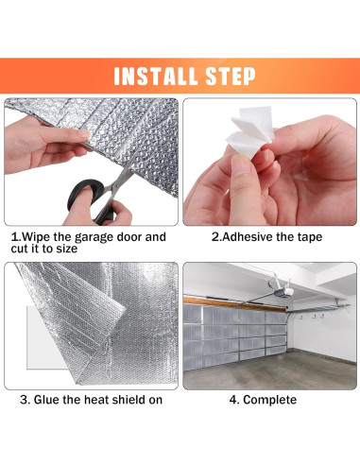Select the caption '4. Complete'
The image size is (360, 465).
click(263, 400)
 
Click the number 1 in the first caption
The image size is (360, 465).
click(13, 236)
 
